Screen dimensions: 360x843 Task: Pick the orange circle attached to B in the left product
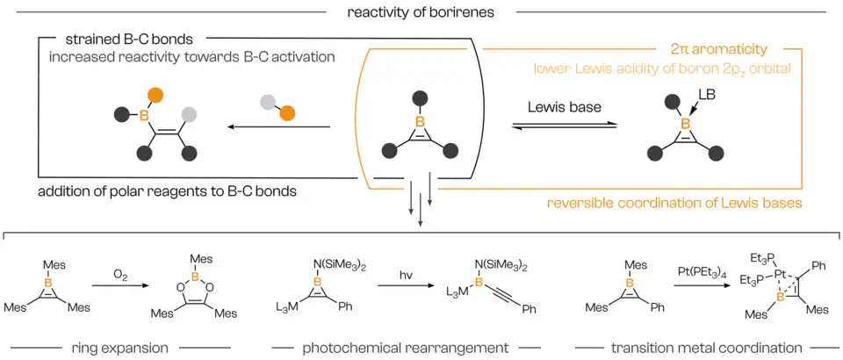pos(155,95)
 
